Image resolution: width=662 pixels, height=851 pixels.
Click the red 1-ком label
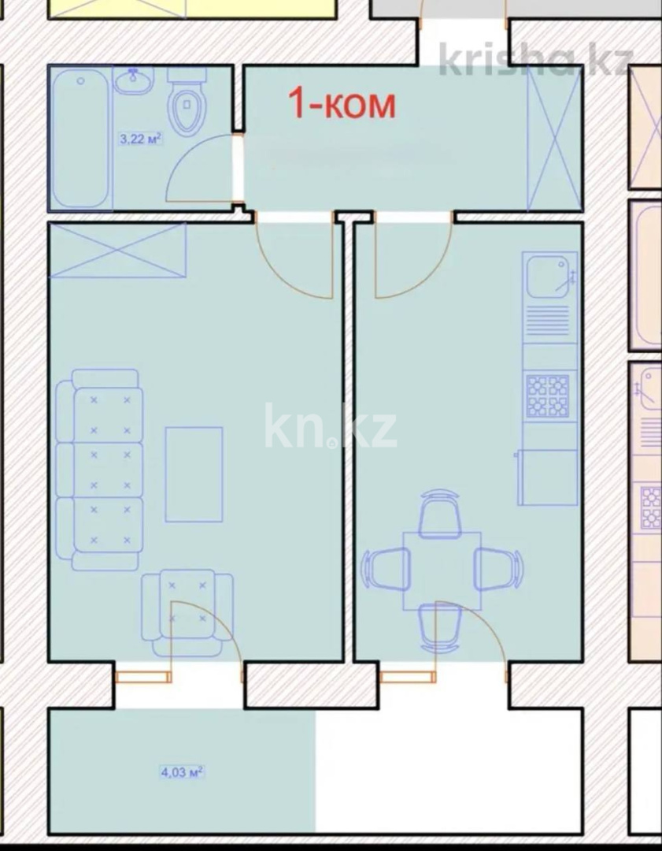(x=341, y=103)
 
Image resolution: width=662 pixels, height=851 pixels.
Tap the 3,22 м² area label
(x=140, y=139)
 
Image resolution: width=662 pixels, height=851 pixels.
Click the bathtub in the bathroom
(x=80, y=139)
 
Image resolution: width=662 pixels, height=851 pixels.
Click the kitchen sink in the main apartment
(x=549, y=275)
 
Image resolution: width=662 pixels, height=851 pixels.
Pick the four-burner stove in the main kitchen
(x=548, y=396)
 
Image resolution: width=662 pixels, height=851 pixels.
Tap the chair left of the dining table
(x=386, y=568)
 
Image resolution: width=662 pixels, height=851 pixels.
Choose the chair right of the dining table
(x=498, y=568)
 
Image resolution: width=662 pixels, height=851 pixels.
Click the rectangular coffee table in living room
(x=194, y=474)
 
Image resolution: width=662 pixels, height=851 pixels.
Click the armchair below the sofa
(x=187, y=605)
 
